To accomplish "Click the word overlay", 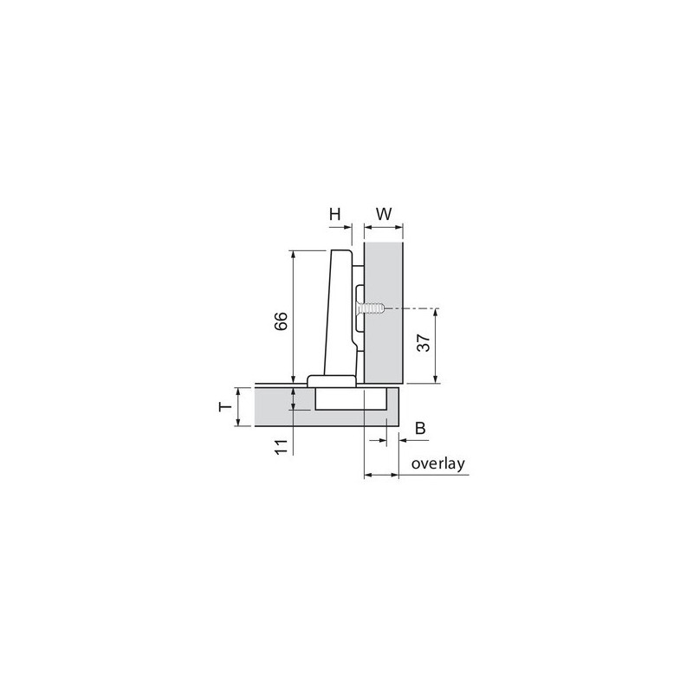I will [439, 463].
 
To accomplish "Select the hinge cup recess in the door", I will [349, 398].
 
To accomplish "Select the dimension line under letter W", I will [384, 228].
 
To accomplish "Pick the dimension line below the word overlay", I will [381, 475].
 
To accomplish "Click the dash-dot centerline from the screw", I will [416, 308].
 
